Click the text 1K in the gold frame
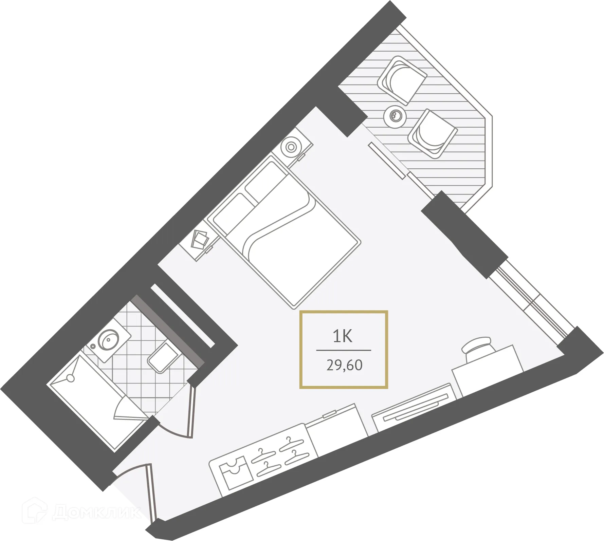pyautogui.click(x=343, y=336)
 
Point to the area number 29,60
pyautogui.click(x=344, y=365)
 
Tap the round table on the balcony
pyautogui.click(x=395, y=116)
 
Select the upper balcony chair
pyautogui.click(x=402, y=80)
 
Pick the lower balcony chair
pyautogui.click(x=432, y=134)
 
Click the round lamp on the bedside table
pyautogui.click(x=291, y=147)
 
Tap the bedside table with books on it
pyautogui.click(x=199, y=240)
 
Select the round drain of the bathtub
pyautogui.click(x=71, y=378)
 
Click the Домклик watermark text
pyautogui.click(x=97, y=512)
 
